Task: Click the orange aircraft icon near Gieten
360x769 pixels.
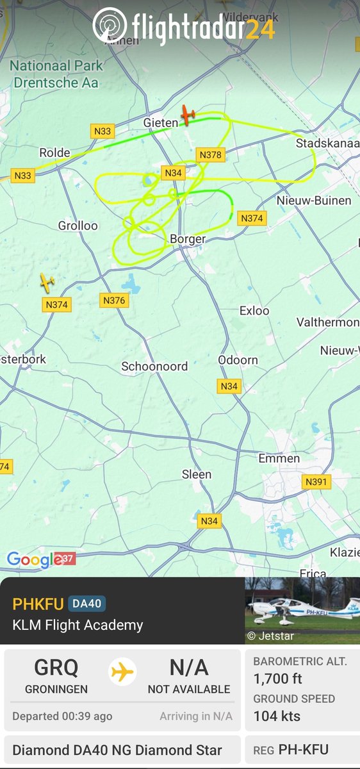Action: (x=187, y=115)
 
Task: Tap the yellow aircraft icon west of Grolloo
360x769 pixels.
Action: (x=46, y=281)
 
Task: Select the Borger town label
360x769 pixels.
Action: (x=188, y=239)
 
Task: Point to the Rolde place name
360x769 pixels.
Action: (x=54, y=153)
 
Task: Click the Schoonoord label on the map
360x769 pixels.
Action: (x=154, y=367)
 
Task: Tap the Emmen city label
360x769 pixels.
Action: (x=279, y=458)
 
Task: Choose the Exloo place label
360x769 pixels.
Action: (x=254, y=311)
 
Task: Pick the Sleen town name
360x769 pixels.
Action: (x=197, y=474)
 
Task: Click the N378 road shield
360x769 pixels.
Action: (x=210, y=154)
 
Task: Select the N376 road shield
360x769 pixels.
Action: (x=114, y=300)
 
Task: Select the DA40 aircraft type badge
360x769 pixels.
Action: (x=86, y=604)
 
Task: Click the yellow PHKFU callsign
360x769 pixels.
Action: (x=38, y=604)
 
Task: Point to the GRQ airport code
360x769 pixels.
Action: (x=56, y=668)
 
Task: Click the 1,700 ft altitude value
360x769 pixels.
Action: (x=278, y=679)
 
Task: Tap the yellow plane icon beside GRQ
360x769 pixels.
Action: (x=122, y=672)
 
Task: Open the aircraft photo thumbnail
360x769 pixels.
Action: (x=302, y=611)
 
